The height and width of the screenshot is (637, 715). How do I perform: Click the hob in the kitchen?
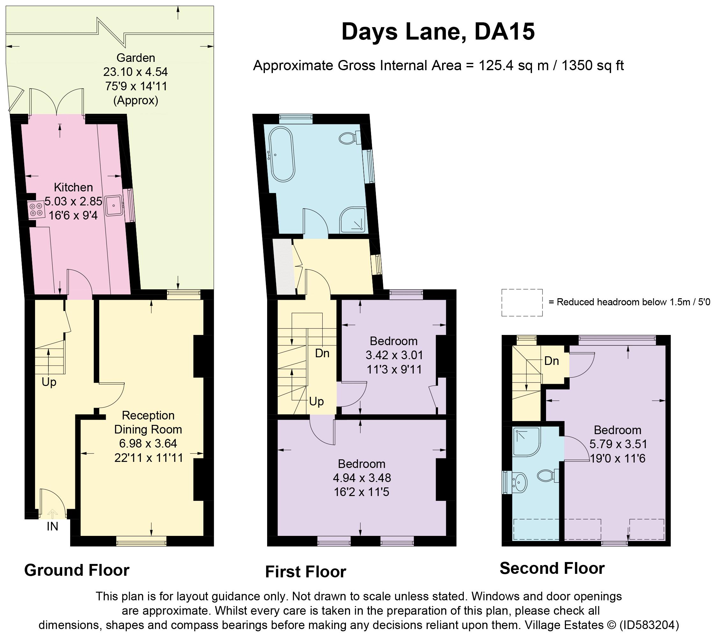tap(36, 209)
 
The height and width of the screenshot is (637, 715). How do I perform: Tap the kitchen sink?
tap(114, 205)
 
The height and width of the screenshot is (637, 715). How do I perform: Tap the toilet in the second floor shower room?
tap(548, 476)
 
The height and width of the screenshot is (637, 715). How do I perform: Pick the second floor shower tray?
tap(527, 441)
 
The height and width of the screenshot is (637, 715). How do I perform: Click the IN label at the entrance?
tap(53, 526)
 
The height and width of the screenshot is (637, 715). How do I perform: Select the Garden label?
tap(136, 58)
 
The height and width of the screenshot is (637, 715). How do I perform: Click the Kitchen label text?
tap(73, 187)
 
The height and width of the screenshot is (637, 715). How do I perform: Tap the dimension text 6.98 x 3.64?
tap(148, 443)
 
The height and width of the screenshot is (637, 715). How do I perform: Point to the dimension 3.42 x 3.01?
tap(394, 355)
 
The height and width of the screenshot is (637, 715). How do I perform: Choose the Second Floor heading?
tap(552, 578)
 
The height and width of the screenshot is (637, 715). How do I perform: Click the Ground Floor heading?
tap(77, 580)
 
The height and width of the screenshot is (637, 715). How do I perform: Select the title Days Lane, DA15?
tap(438, 32)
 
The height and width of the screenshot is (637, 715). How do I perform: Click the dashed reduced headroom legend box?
tap(522, 303)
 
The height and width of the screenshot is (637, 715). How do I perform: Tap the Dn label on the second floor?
tap(552, 361)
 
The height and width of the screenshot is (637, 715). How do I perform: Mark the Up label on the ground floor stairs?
tap(49, 382)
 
